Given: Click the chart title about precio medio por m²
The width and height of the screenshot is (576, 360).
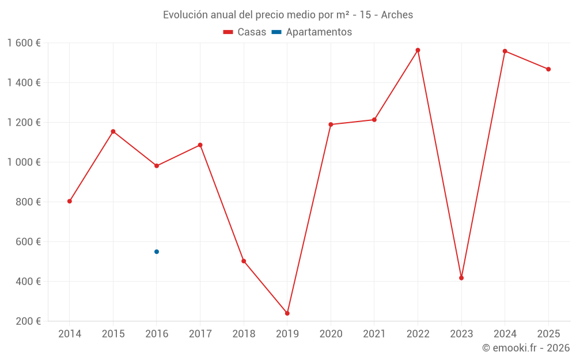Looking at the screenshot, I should (x=288, y=15).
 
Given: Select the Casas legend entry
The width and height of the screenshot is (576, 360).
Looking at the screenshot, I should (x=245, y=32).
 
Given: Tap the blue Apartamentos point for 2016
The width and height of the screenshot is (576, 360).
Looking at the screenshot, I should (x=157, y=252).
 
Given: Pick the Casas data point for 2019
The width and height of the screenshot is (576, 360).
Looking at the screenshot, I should (x=287, y=313).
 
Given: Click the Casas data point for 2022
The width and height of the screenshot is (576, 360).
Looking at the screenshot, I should (x=418, y=50).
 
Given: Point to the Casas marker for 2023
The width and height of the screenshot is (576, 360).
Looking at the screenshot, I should (x=461, y=278).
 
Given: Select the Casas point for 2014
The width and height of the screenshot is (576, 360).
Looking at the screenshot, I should (x=70, y=201).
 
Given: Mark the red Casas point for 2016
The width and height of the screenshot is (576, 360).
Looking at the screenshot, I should (x=157, y=166).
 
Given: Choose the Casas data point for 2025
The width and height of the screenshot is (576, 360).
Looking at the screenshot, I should (x=548, y=69).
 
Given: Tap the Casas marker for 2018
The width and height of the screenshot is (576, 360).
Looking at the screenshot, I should (x=244, y=261).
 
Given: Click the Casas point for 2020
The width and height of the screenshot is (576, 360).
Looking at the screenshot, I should (x=331, y=124).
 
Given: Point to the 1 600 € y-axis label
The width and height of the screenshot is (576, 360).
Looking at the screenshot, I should (x=24, y=43).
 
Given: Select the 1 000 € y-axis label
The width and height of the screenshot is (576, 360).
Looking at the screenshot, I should (x=24, y=162).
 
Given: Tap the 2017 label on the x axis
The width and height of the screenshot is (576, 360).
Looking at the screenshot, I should (x=200, y=334).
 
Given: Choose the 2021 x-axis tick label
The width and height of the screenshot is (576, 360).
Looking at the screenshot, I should (x=374, y=334).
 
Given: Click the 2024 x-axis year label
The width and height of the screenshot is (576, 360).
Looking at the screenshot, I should (x=505, y=334).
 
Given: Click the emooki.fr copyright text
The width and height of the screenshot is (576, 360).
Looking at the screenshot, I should (x=526, y=348).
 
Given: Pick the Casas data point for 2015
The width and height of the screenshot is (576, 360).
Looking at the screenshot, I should (x=113, y=131).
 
